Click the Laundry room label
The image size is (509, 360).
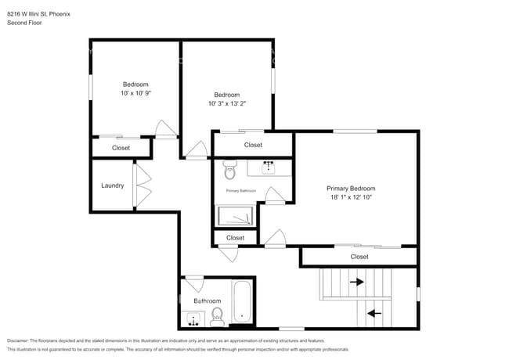pos(113,185)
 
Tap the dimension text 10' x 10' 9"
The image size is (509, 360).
pos(135,92)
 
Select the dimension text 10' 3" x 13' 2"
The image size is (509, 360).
pos(227,103)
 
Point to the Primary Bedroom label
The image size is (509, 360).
pos(351,188)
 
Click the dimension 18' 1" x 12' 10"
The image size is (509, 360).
pos(351,197)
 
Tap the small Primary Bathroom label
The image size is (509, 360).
pos(241,191)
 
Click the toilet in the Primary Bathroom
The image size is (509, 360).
pos(229,170)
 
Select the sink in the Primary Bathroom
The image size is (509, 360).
pos(269,166)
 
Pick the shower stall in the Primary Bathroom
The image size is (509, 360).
pos(235,215)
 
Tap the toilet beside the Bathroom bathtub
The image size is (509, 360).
pos(218,315)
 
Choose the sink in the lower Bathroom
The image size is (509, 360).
pos(192,319)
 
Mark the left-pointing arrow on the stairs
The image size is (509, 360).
pos(375,313)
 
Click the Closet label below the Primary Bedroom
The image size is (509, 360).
pos(359,257)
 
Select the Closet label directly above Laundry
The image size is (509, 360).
pos(121,147)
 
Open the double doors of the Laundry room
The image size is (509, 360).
pos(141,185)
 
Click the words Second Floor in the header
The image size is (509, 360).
pos(24,23)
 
